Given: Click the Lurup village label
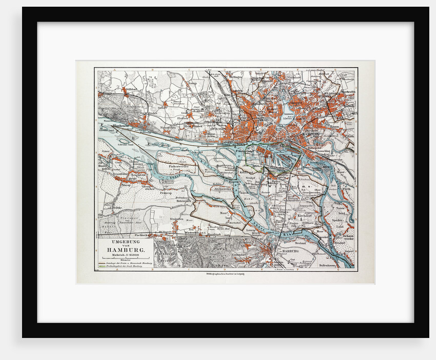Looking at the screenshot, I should pos(193,82).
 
